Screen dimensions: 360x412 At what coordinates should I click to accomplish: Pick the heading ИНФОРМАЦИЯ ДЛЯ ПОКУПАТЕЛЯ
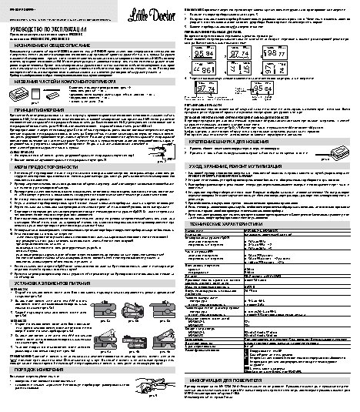coord(270,357)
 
